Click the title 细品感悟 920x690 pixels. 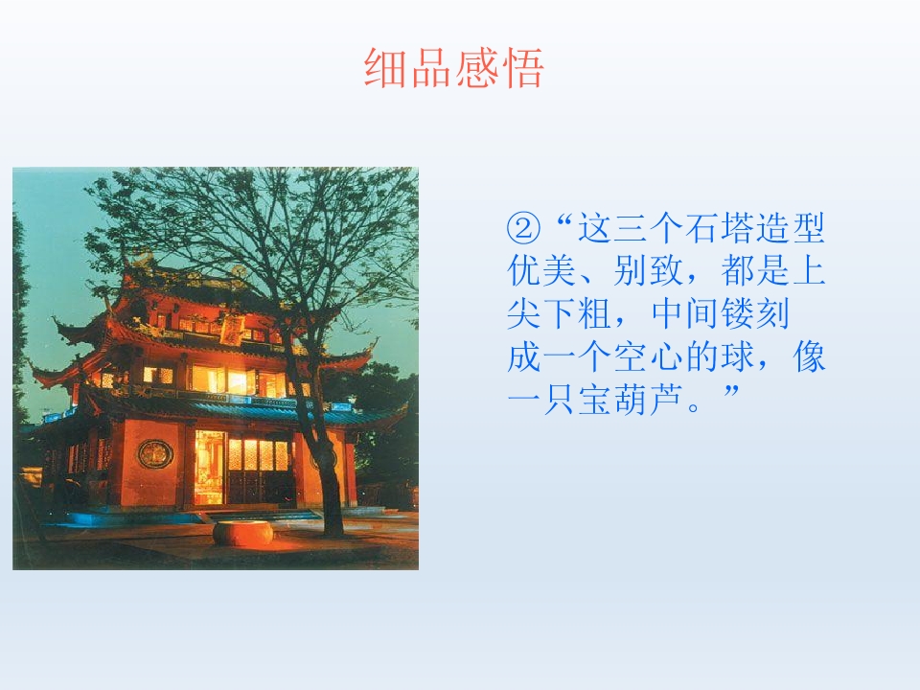click(454, 68)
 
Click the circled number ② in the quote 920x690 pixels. click(524, 229)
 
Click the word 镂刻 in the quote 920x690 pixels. click(774, 314)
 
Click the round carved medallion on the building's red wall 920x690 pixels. click(154, 453)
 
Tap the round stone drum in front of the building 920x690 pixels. click(241, 532)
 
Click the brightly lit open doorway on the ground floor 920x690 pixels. click(209, 467)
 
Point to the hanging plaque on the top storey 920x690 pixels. click(231, 331)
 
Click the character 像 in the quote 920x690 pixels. click(810, 357)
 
